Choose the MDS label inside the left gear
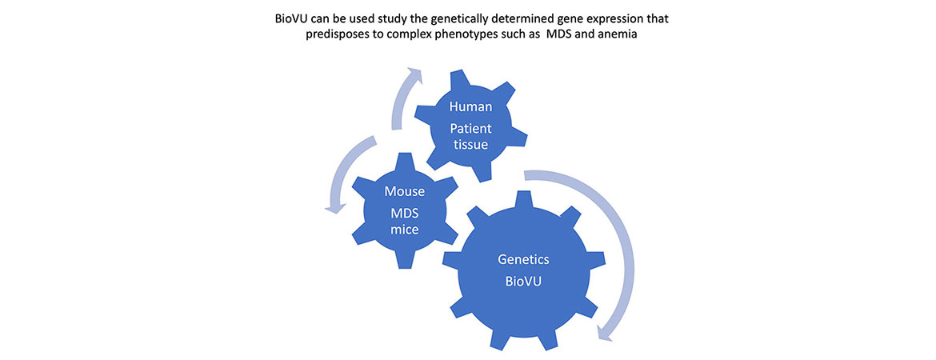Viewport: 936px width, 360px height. click(x=403, y=213)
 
